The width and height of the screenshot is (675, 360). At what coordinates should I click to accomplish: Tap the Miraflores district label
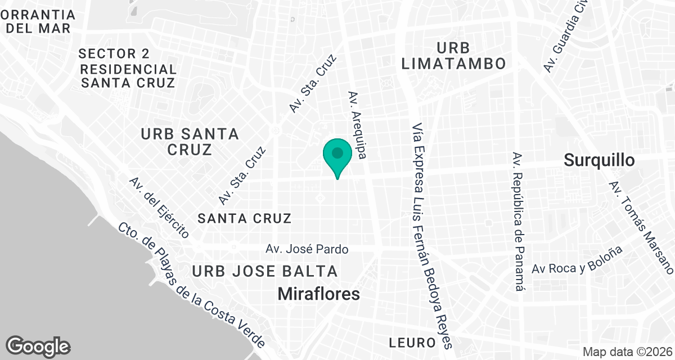click(319, 294)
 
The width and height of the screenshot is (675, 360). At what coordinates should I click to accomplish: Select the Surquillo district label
click(599, 160)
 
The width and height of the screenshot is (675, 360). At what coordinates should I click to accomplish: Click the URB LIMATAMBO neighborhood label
click(454, 55)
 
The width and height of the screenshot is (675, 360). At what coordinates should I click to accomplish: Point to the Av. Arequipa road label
click(358, 125)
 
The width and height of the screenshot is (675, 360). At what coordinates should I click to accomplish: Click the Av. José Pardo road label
click(307, 249)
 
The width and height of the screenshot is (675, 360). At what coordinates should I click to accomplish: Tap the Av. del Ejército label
click(159, 206)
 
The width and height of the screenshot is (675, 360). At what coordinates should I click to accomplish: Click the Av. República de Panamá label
click(519, 221)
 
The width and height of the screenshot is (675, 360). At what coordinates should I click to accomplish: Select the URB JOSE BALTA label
click(265, 272)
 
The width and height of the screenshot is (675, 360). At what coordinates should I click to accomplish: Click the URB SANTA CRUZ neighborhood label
click(190, 142)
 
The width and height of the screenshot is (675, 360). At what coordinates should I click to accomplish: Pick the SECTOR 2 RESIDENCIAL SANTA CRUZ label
click(128, 69)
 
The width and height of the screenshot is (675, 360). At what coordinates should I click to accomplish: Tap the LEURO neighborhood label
click(412, 343)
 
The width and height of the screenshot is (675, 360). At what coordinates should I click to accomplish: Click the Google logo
click(38, 345)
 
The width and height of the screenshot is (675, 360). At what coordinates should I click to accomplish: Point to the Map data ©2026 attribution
click(627, 352)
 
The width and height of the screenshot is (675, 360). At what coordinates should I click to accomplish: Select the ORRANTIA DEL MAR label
click(38, 21)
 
